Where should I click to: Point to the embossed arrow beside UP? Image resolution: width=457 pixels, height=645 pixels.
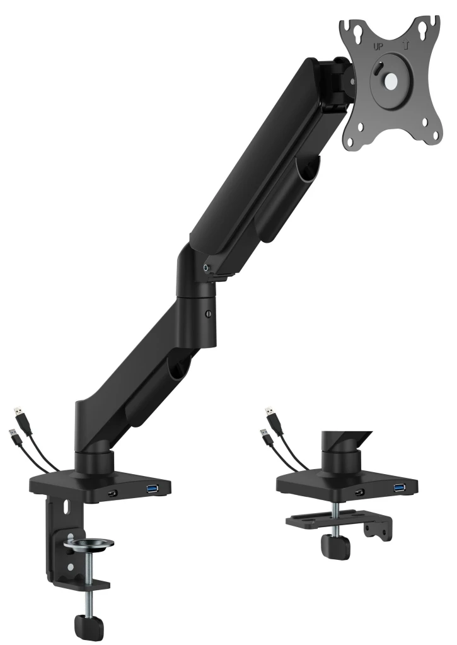point(405,45)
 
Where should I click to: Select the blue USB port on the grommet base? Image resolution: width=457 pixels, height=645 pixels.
point(398,488)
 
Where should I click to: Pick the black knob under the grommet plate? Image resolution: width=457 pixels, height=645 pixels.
point(335,547)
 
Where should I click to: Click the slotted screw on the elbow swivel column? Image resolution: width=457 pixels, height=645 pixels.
point(209,313)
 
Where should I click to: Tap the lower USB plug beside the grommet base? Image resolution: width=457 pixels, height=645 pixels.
point(265,435)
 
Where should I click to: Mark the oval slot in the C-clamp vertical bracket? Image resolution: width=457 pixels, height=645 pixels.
point(66,505)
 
